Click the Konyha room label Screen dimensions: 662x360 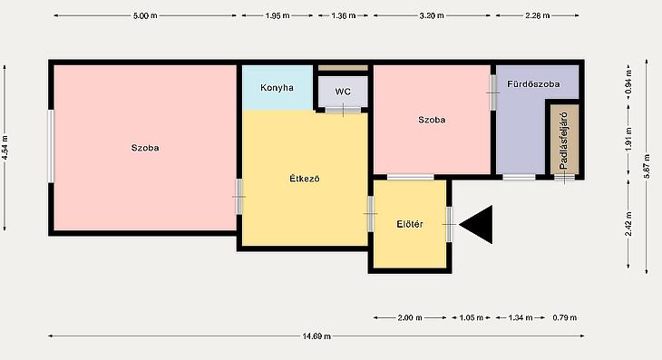click(277, 88)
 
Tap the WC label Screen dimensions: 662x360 click(343, 92)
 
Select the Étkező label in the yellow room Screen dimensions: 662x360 click(305, 179)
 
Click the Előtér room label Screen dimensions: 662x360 click(410, 224)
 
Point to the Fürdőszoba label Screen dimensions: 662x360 click(533, 84)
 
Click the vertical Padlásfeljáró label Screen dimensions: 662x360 click(564, 141)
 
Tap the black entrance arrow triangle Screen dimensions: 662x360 click(476, 225)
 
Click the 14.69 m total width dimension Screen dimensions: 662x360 click(316, 336)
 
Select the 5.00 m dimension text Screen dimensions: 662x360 click(145, 16)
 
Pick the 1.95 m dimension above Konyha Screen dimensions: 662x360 click(277, 16)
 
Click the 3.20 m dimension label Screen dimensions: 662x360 click(432, 16)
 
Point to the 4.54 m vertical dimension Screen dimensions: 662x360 click(5, 147)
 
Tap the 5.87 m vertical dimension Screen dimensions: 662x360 click(647, 166)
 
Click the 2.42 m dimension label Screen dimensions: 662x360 click(628, 224)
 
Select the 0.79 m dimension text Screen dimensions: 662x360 click(565, 317)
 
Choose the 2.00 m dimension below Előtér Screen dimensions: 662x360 click(410, 317)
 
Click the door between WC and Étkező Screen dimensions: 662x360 click(344, 110)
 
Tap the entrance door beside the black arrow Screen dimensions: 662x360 click(449, 225)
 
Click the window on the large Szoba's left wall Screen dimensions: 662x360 click(51, 146)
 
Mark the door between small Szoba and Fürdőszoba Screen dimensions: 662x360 click(492, 92)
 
